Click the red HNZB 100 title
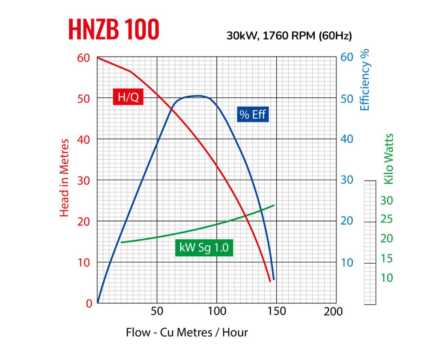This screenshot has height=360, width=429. point(114,29)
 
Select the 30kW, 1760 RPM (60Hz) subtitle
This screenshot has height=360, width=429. point(289,36)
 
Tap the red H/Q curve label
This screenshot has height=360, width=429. point(128,97)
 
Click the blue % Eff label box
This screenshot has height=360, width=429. point(253,114)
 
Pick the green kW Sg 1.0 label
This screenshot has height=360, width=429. point(204,248)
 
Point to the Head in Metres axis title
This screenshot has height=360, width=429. point(64,178)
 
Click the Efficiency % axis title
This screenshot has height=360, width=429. point(366,81)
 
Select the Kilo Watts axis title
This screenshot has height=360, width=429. point(389,159)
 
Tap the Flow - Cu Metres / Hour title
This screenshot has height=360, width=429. point(187,332)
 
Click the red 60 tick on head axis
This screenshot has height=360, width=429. point(84,57)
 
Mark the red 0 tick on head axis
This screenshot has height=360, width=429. point(89,303)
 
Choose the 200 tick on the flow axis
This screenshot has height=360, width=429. point(333,312)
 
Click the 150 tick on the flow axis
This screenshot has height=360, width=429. point(277,312)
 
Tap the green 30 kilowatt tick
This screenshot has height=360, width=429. point(387,201)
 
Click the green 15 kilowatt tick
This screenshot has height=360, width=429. point(387,259)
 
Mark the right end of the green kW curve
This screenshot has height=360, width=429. point(274,205)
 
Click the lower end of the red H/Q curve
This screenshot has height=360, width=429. point(270,281)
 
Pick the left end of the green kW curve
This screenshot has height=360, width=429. point(121,242)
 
